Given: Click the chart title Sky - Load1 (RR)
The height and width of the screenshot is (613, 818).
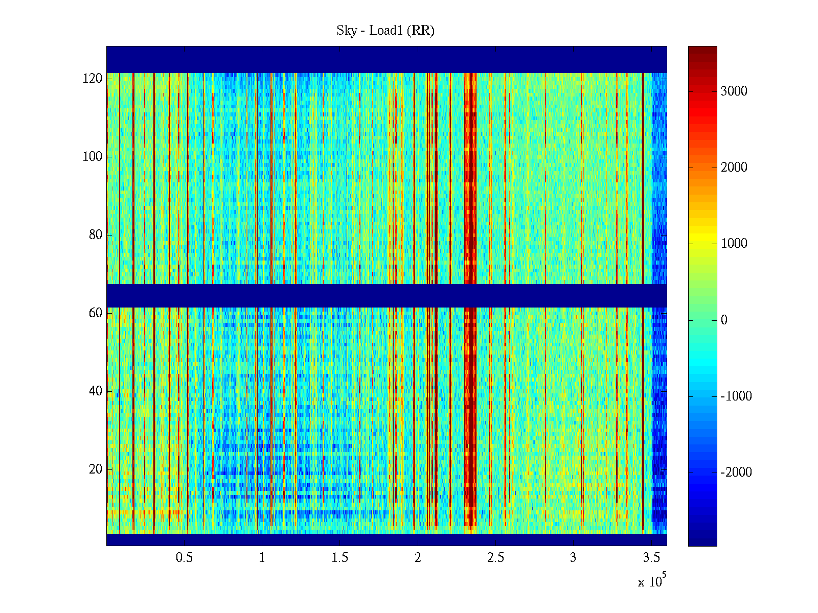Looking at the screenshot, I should [x=385, y=31].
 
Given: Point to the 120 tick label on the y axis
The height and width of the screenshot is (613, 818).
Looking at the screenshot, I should [x=92, y=79].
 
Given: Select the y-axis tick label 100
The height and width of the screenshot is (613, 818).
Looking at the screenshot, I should [x=92, y=157].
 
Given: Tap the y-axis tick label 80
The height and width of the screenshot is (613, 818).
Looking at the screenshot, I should [x=95, y=235].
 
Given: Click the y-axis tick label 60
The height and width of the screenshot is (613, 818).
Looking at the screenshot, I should [x=95, y=313].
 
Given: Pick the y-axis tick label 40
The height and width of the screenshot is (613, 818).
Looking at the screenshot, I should [x=95, y=391].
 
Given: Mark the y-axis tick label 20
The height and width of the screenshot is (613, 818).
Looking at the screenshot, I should [x=95, y=469].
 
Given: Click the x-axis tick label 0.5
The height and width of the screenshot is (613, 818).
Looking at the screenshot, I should [x=184, y=558].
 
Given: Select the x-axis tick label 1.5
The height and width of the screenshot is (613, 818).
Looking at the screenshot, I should [x=340, y=558].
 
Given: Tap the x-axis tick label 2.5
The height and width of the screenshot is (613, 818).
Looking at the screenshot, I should [x=495, y=558].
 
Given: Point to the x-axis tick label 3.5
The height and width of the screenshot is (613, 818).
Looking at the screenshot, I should [x=651, y=558].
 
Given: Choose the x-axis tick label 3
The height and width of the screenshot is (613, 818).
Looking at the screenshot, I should [x=573, y=558].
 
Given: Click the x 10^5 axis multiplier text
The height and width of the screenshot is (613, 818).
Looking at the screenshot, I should [x=652, y=581].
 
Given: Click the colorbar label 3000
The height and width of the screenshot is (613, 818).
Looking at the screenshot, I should [x=734, y=91].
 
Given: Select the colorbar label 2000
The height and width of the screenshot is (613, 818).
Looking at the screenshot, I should [x=734, y=168].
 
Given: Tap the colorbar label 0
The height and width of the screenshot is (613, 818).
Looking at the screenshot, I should [x=724, y=320].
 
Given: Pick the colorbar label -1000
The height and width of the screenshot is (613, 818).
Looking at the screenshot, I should [x=736, y=396].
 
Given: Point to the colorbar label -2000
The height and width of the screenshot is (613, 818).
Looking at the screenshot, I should [x=736, y=473].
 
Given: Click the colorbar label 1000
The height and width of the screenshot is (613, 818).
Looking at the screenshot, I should [x=734, y=244].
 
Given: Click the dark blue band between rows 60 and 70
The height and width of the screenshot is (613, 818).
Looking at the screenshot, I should [x=387, y=295].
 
